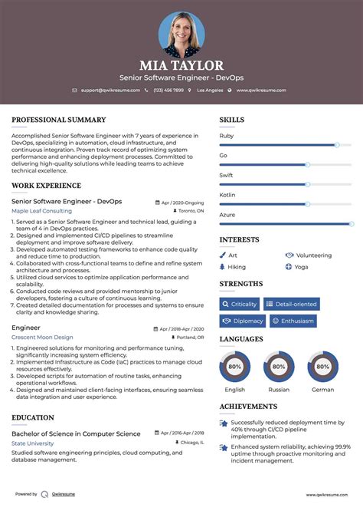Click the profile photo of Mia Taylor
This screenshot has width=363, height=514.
[181, 33]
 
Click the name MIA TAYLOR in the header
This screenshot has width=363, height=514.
[181, 65]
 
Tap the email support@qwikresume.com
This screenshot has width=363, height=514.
[110, 90]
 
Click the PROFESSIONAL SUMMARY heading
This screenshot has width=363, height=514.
[58, 120]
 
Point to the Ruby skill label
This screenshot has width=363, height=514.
[227, 135]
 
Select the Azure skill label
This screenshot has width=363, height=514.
[227, 215]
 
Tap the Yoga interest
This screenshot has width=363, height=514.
[301, 267]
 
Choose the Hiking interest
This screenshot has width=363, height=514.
[237, 267]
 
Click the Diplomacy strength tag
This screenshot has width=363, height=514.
[242, 321]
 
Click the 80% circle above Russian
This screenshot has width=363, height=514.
[279, 367]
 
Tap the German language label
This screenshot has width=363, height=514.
[322, 390]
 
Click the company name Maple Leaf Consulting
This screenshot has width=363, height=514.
[41, 211]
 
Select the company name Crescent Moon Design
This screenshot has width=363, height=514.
[42, 337]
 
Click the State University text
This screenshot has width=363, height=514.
[33, 443]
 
